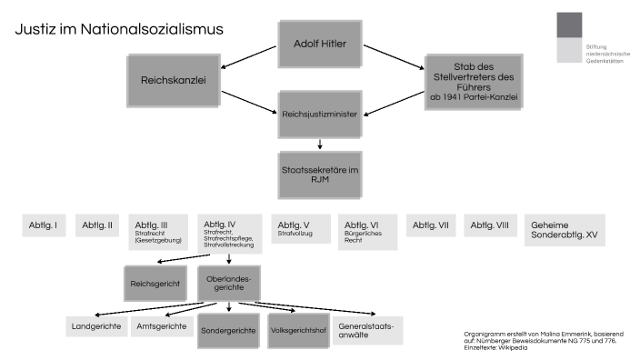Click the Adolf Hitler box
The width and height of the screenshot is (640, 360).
point(319,43)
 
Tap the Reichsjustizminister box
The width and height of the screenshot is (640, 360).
point(319,115)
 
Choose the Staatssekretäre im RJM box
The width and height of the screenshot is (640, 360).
point(319,175)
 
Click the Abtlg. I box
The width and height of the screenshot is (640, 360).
point(43,225)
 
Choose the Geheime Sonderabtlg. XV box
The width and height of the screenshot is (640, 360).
point(565,230)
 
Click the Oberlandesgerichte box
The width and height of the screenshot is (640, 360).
point(228,283)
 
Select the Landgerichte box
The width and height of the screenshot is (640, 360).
point(95,326)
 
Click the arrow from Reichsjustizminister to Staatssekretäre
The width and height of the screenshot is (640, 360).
point(319,144)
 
